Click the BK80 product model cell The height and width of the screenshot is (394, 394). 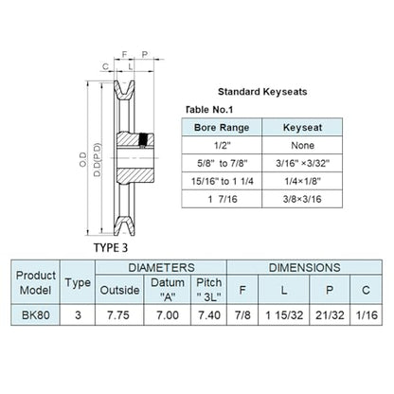35,314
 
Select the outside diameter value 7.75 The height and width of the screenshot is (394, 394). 118,314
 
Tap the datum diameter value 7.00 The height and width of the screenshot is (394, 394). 168,314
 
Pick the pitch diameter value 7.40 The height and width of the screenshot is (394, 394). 209,314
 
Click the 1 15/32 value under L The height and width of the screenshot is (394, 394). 284,314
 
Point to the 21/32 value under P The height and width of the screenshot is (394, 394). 330,314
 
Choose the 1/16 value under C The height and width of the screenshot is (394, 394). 367,314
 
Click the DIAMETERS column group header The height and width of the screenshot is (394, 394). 161,267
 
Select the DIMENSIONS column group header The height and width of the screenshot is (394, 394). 304,267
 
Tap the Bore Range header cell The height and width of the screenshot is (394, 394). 222,128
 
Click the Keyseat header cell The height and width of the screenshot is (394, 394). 302,128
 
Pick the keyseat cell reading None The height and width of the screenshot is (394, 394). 302,146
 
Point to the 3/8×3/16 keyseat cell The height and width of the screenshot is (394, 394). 302,199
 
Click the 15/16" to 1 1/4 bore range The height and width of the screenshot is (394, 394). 222,181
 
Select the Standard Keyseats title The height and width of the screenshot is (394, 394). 262,92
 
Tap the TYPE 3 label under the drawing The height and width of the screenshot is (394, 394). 111,248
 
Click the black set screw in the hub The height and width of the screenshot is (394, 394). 144,140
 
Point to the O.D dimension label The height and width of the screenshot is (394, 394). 83,159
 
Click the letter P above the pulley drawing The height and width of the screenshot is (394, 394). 145,54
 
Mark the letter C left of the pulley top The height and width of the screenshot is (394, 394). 105,66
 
